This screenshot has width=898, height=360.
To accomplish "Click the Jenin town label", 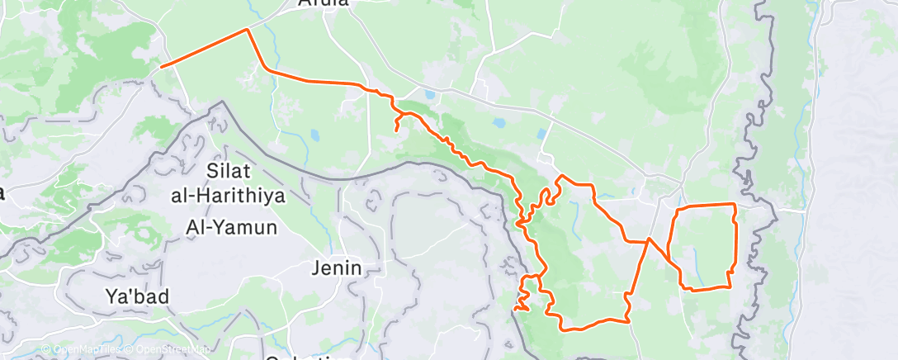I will (337, 268).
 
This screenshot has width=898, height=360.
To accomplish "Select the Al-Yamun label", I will (230, 227).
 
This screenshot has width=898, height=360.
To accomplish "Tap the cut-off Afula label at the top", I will (323, 3).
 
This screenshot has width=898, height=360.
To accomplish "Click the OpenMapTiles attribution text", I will (83, 350).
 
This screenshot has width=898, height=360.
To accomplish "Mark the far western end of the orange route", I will (162, 66).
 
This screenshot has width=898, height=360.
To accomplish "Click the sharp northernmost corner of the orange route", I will (247, 30).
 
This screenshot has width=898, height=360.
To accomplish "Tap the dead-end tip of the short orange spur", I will (397, 130).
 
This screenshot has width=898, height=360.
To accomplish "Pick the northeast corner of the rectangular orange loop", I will (734, 204).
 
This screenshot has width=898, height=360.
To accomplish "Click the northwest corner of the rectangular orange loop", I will (678, 206).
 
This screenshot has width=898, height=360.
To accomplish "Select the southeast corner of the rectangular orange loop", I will (730, 287).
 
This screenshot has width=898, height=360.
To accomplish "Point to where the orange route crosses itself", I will (649, 240).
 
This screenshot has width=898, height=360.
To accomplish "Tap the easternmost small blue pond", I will (542, 133).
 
